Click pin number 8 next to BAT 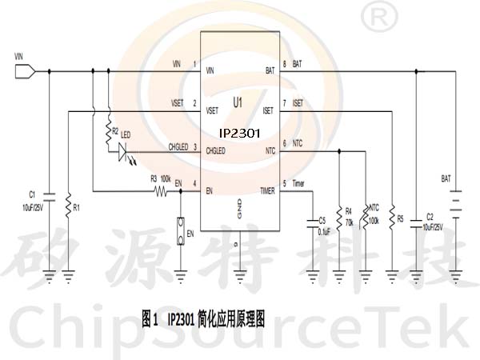[x=285, y=63]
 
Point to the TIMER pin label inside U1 [x=267, y=190]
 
